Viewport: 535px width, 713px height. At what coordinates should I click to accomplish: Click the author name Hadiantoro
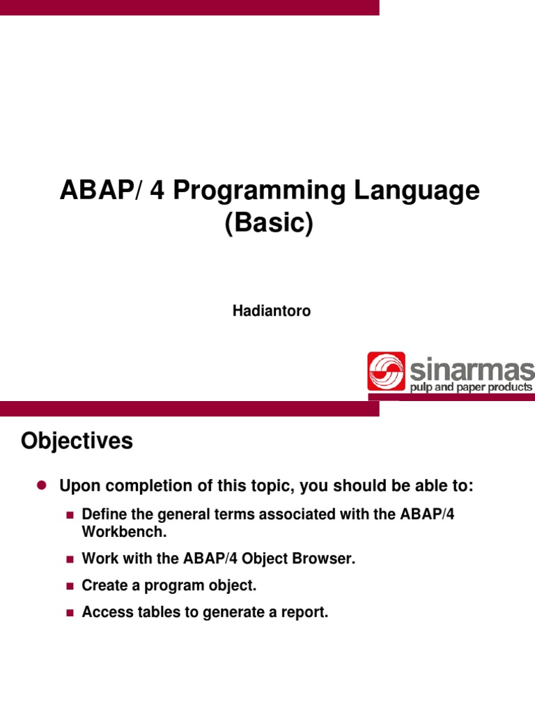271,311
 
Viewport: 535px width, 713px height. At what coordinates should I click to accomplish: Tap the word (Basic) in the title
270,224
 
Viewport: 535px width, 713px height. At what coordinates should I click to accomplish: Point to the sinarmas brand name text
472,368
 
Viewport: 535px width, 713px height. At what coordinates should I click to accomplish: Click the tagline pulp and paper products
472,387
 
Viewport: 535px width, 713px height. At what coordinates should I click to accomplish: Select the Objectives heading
77,441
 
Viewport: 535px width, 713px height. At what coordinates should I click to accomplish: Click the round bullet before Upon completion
40,485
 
